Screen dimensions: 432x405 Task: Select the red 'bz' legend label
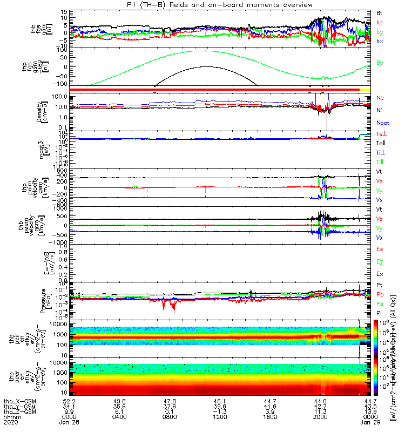[x=380, y=22]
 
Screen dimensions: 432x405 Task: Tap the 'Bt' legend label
[x=380, y=12]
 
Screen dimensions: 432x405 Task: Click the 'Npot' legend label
[x=383, y=123]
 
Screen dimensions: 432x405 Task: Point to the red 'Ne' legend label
[x=380, y=98]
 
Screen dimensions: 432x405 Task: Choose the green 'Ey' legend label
[x=380, y=261]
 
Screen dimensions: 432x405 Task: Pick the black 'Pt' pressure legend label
[x=380, y=285]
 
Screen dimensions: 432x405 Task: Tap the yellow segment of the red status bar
[x=365, y=89]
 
